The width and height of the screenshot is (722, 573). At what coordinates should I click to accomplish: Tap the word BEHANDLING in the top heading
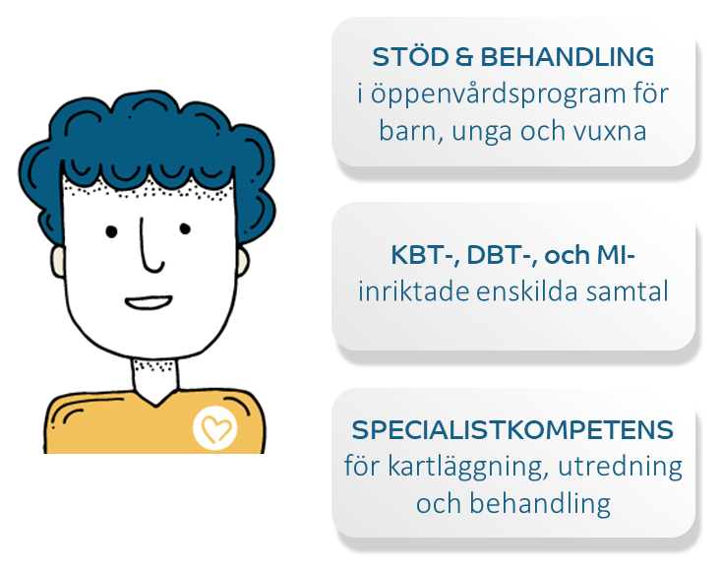tap(568, 57)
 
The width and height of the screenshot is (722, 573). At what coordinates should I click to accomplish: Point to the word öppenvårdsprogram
tap(498, 95)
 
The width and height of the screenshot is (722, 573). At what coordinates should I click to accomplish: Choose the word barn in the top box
tap(407, 131)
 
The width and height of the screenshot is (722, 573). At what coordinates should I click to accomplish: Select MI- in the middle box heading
tap(616, 255)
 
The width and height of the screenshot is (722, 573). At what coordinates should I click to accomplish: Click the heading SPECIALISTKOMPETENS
tap(512, 430)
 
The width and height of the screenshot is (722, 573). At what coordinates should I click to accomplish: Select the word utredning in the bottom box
tap(621, 467)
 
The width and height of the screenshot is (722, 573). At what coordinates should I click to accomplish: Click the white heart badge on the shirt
tap(214, 428)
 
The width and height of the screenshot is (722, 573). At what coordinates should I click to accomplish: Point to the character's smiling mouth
tap(149, 302)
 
